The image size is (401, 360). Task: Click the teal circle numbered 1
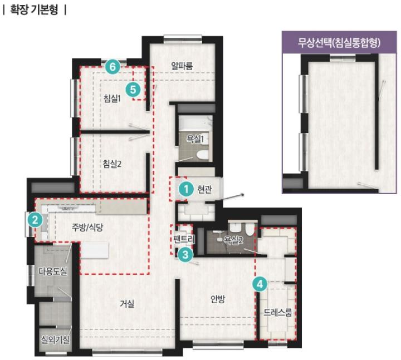[186, 189]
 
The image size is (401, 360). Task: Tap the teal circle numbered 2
[35, 220]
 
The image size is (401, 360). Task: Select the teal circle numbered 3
[185, 254]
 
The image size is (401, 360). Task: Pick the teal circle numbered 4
[260, 284]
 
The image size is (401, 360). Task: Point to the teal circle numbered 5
[133, 90]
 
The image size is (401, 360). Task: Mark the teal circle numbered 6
[113, 67]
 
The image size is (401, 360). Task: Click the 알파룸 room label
[182, 66]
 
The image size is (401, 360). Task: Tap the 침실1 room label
[112, 98]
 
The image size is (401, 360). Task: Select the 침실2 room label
[112, 164]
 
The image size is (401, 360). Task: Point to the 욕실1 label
[195, 139]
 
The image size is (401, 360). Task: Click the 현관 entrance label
[204, 189]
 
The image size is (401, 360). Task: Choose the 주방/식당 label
[87, 227]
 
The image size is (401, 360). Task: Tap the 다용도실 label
[53, 271]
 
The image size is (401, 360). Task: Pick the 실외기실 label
[55, 339]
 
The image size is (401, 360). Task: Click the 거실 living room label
[127, 304]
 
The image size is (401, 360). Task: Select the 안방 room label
[218, 299]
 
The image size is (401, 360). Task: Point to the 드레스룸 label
[278, 312]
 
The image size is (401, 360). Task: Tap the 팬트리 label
[184, 239]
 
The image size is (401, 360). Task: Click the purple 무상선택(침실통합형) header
[339, 42]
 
